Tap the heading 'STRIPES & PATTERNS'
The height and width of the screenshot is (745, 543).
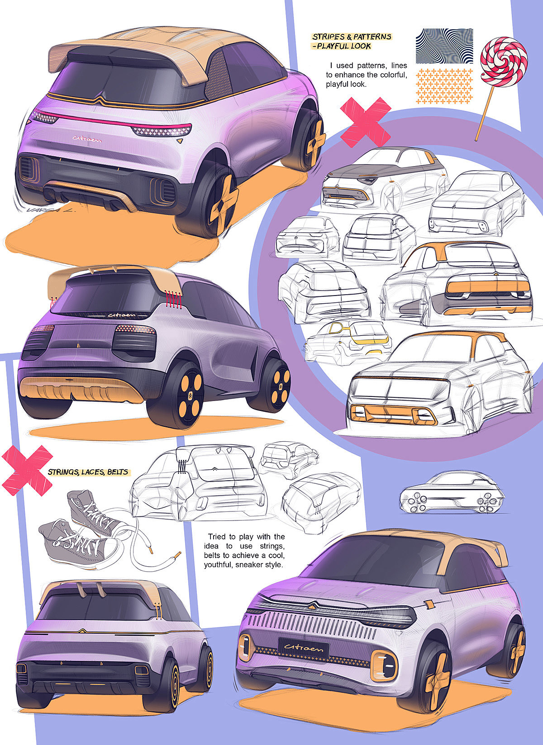coord(352,37)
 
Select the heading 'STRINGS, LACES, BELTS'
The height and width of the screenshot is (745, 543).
coord(88,473)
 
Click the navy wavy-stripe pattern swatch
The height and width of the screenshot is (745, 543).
coord(444,47)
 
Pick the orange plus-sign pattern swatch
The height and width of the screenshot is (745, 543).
coord(444,86)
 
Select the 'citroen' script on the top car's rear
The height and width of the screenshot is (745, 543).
coord(87,138)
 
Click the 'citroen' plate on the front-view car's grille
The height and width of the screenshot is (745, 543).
coord(304,648)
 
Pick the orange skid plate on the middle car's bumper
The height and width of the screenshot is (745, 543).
coord(81,388)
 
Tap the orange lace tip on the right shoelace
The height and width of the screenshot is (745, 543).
coord(177,554)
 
